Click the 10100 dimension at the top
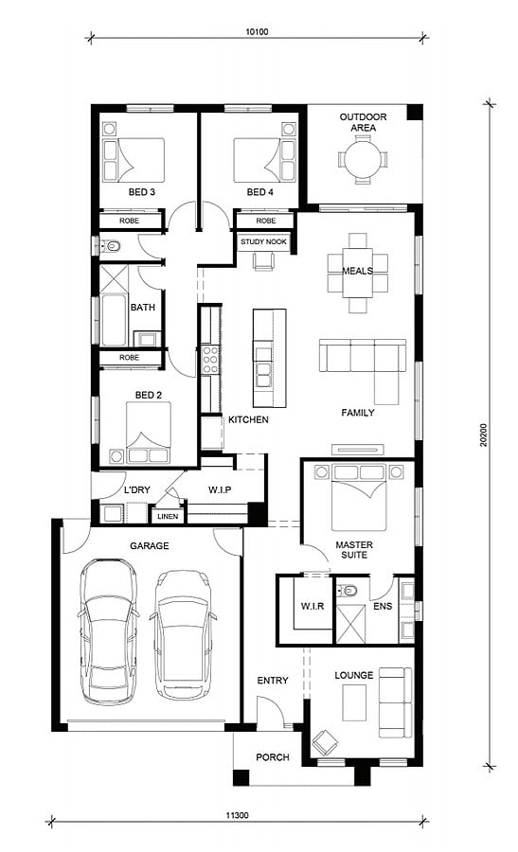[257, 31]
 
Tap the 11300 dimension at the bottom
[237, 815]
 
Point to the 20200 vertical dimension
[483, 435]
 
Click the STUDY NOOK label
[263, 241]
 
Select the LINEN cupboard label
[168, 516]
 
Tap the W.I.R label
[313, 606]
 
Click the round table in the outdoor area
[363, 159]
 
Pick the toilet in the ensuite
[347, 590]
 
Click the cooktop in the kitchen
[210, 359]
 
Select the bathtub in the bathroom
[114, 321]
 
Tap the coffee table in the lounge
[354, 702]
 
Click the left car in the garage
[108, 632]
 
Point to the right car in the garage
[183, 634]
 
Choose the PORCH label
[273, 757]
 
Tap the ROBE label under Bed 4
[266, 221]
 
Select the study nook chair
[263, 261]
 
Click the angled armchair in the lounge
[325, 742]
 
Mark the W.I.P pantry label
[220, 489]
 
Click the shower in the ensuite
[350, 623]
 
